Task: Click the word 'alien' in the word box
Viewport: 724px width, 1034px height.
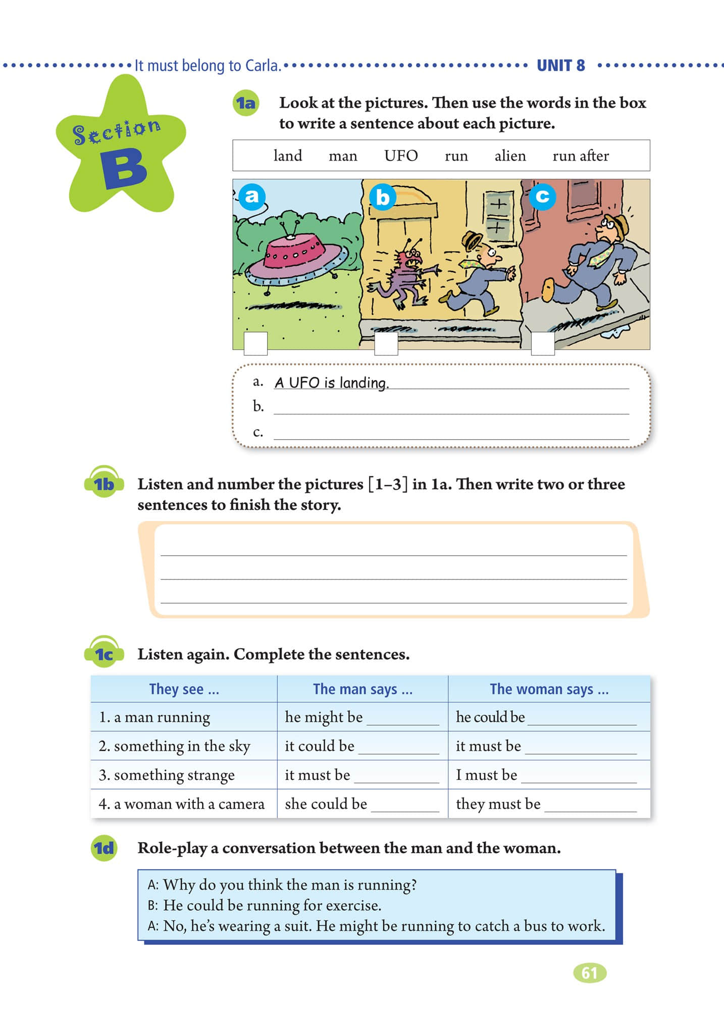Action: (x=510, y=156)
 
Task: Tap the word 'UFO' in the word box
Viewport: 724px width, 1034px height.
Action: (x=401, y=156)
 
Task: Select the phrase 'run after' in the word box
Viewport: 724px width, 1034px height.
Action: (x=581, y=156)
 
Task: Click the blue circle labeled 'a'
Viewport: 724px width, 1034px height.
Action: (x=251, y=196)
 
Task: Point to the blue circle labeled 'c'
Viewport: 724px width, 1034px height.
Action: (x=542, y=196)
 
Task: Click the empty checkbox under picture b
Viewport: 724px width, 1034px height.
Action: (x=386, y=343)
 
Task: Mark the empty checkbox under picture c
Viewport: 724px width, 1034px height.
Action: (x=543, y=343)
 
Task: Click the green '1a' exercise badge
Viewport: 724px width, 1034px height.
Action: (x=246, y=104)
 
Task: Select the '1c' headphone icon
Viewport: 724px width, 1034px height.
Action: (x=104, y=653)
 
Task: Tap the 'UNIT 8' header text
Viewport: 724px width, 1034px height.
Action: (x=560, y=66)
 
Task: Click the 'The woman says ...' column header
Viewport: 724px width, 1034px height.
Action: (x=549, y=689)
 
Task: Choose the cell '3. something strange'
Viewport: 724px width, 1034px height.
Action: (x=167, y=775)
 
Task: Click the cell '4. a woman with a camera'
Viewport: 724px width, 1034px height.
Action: (x=182, y=804)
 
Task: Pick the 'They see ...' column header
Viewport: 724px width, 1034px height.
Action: (x=184, y=689)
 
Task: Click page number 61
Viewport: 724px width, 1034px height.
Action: (x=589, y=973)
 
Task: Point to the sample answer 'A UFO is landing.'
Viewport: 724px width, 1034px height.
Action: (x=331, y=383)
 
